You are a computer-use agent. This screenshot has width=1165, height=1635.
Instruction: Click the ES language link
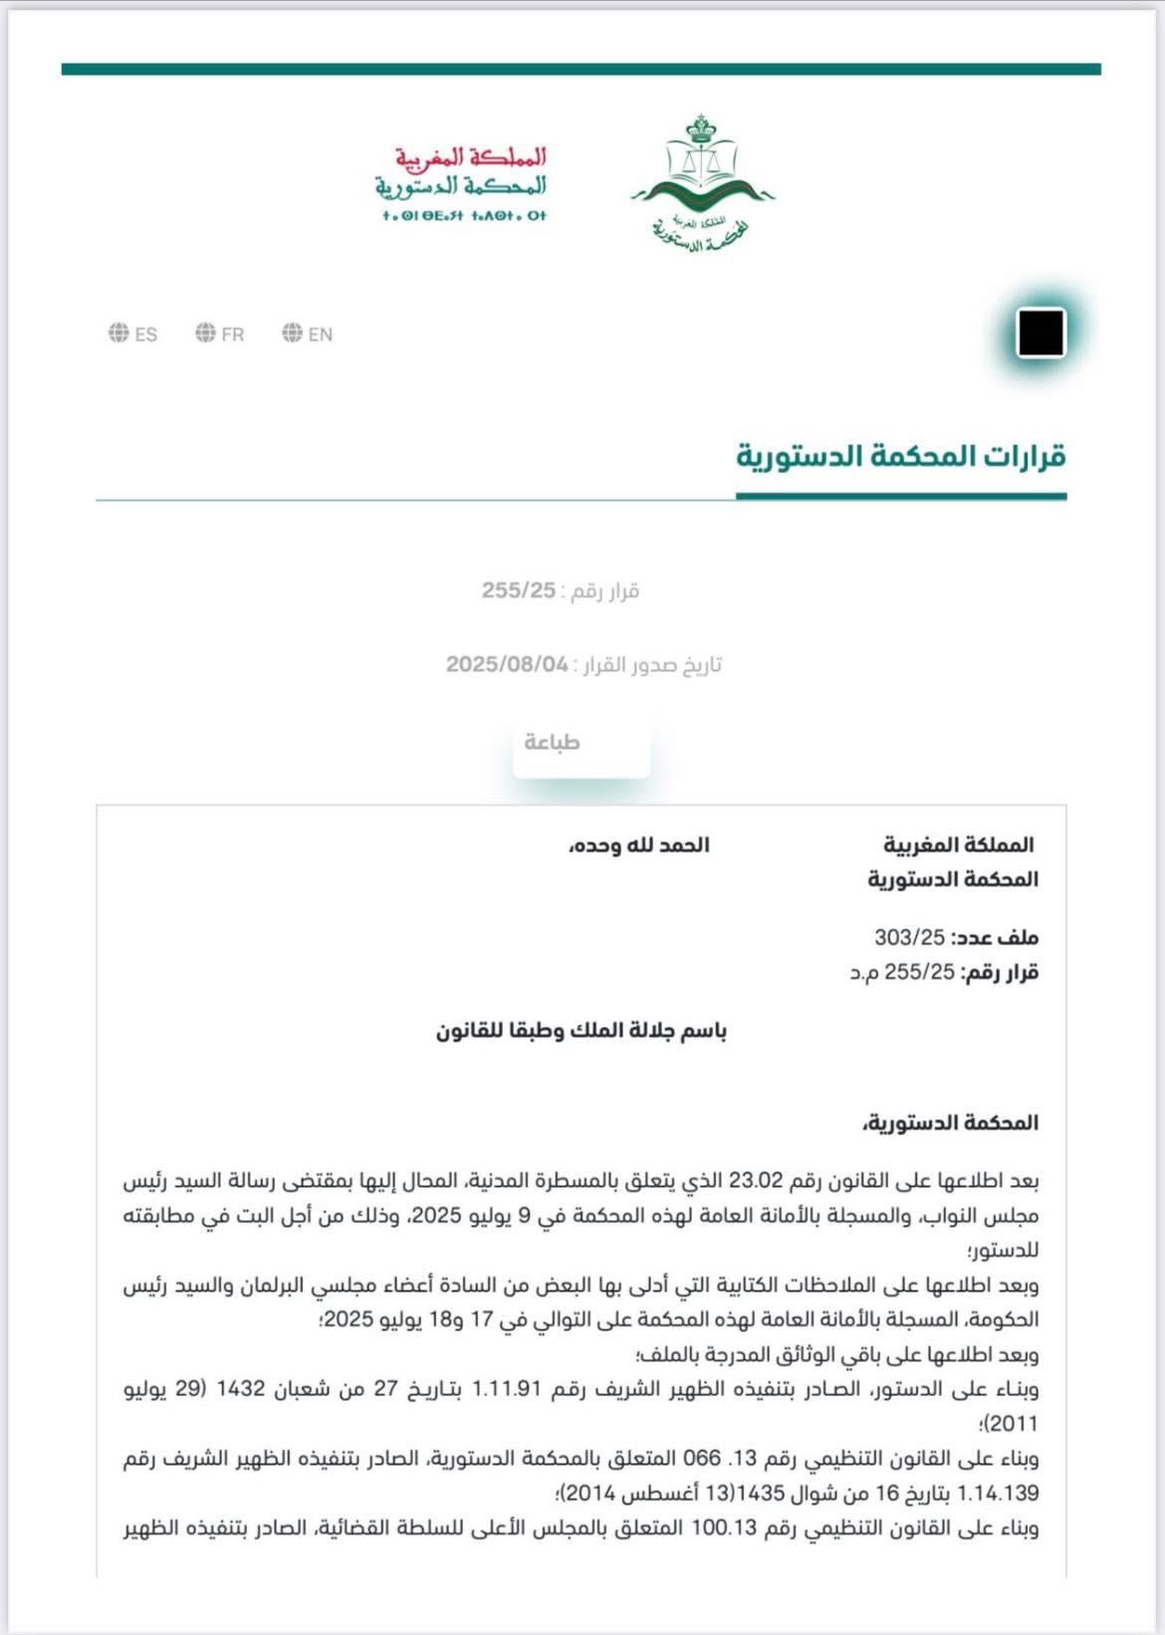pos(133,335)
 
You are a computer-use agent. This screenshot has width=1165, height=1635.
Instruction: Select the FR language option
pos(220,335)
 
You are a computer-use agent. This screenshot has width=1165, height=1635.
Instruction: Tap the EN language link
pos(308,335)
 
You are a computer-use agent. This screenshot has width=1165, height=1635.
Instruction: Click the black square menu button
pos(1041,333)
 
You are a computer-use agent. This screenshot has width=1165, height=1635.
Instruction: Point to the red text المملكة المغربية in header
pos(470,157)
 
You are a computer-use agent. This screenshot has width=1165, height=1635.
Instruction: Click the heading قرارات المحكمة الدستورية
pos(901,457)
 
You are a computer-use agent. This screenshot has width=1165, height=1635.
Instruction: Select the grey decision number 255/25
pos(519,590)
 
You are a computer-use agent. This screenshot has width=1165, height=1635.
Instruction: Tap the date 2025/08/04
pos(507,664)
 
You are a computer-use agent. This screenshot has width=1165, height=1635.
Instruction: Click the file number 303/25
pos(908,937)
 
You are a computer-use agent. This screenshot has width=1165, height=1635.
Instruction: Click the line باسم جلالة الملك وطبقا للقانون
pos(582,1031)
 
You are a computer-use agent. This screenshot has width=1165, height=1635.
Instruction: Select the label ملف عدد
pos(995,937)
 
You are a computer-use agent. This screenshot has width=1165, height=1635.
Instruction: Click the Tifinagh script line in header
pos(464,215)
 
